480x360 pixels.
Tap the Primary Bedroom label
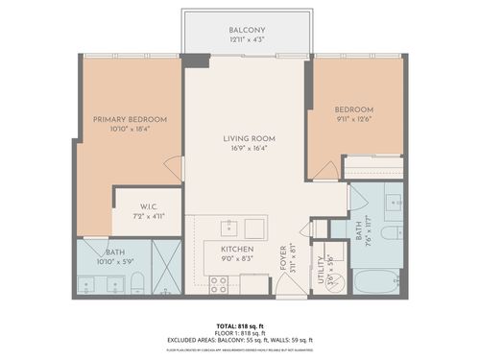[130, 119]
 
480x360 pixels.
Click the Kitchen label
[235, 248]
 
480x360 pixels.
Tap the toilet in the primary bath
[137, 282]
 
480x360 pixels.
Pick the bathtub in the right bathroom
[377, 282]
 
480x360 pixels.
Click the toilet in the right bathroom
[392, 233]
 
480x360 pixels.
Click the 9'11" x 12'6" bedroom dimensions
[353, 119]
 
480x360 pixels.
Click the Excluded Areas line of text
[240, 341]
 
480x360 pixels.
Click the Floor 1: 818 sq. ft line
[240, 334]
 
